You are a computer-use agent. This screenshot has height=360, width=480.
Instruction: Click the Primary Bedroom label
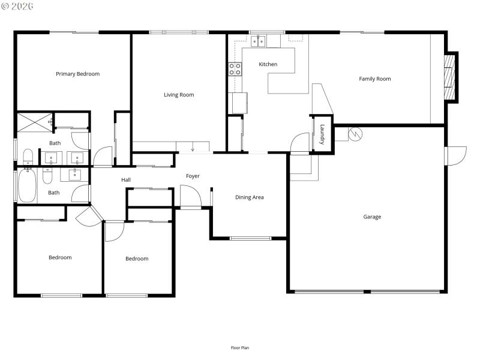pyautogui.click(x=77, y=74)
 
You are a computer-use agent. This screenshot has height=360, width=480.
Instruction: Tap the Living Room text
pyautogui.click(x=179, y=95)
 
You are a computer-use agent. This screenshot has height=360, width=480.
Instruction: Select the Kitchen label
pyautogui.click(x=268, y=64)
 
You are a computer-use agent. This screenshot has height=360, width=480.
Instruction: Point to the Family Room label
pyautogui.click(x=374, y=79)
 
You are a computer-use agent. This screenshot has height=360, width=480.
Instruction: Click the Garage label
pyautogui.click(x=371, y=217)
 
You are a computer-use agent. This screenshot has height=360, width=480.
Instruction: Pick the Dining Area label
pyautogui.click(x=249, y=197)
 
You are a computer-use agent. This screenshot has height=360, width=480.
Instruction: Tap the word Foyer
pyautogui.click(x=193, y=176)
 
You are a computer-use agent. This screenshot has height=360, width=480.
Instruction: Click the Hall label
pyautogui.click(x=126, y=179)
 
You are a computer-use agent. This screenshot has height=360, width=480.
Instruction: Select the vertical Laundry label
pyautogui.click(x=322, y=134)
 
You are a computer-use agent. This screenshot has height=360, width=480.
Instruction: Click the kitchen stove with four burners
pyautogui.click(x=235, y=69)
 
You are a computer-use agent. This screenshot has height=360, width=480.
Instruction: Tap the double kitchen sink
pyautogui.click(x=259, y=41)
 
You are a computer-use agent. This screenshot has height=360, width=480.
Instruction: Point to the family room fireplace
pyautogui.click(x=449, y=77)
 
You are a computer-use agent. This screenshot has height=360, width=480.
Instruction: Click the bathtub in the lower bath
pyautogui.click(x=26, y=185)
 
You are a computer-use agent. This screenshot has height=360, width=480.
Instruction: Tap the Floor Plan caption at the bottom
pyautogui.click(x=240, y=347)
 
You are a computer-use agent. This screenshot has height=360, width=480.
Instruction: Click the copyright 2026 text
pyautogui.click(x=18, y=6)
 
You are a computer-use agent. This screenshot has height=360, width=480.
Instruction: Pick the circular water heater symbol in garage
pyautogui.click(x=355, y=134)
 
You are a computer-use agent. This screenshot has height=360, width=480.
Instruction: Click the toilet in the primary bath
pyautogui.click(x=28, y=157)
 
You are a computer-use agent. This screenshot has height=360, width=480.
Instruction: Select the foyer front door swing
pyautogui.click(x=190, y=196)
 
